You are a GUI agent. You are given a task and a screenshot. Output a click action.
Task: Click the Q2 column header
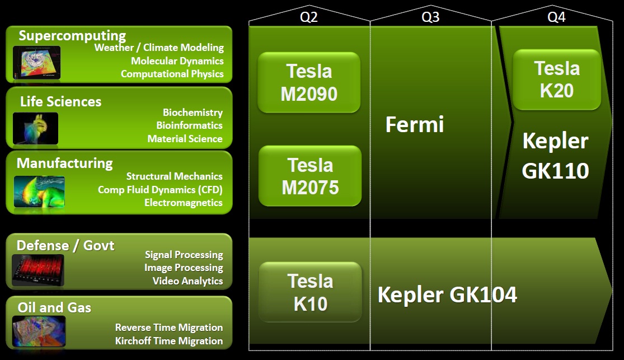309,17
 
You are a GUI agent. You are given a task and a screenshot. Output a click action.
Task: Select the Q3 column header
430,17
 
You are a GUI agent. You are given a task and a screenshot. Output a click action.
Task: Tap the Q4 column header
556,17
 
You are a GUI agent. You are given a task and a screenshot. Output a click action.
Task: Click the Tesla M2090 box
309,82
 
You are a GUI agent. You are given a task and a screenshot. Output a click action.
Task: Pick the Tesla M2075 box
310,176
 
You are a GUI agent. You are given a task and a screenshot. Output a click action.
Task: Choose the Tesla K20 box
557,80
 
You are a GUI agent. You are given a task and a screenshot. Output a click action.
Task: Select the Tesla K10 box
310,292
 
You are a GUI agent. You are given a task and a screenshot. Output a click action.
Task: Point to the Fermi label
414,125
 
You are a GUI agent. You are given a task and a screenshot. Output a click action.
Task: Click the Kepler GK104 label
447,295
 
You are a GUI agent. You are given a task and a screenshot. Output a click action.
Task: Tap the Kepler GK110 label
555,156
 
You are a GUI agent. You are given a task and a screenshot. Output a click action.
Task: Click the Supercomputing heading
72,36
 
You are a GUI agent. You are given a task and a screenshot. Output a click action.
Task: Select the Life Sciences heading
61,101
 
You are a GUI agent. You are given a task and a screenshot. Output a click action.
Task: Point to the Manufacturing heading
64,163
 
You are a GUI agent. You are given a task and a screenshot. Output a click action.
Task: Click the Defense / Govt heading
65,245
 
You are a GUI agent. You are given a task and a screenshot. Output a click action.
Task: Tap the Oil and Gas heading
54,307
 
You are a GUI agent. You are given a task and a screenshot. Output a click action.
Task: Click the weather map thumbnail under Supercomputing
36,63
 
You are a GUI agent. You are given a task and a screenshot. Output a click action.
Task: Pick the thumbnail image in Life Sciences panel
35,128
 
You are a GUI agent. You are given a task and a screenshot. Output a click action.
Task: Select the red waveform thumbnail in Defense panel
38,270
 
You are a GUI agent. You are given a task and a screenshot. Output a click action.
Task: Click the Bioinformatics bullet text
189,125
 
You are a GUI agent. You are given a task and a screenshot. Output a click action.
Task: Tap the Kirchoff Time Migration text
169,341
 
